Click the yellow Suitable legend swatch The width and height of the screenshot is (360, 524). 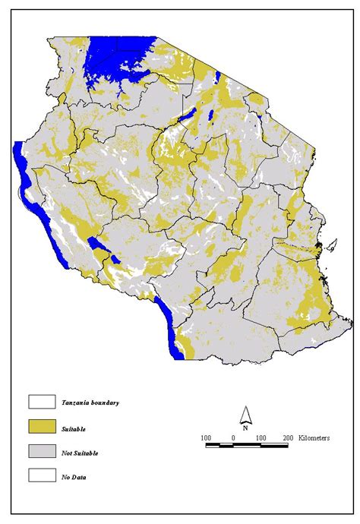39,427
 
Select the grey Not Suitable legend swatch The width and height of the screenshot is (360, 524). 39,452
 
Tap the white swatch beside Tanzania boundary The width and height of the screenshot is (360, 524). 39,401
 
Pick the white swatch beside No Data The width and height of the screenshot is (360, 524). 39,477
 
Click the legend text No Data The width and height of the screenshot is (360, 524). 75,478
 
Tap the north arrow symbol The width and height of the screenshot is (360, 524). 245,415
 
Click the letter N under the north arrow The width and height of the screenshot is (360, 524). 245,428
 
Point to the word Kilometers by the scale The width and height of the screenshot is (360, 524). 314,438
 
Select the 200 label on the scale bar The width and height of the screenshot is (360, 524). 287,438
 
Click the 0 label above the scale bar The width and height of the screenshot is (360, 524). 232,438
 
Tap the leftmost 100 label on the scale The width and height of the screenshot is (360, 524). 206,438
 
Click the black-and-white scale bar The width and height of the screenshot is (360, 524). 246,446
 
